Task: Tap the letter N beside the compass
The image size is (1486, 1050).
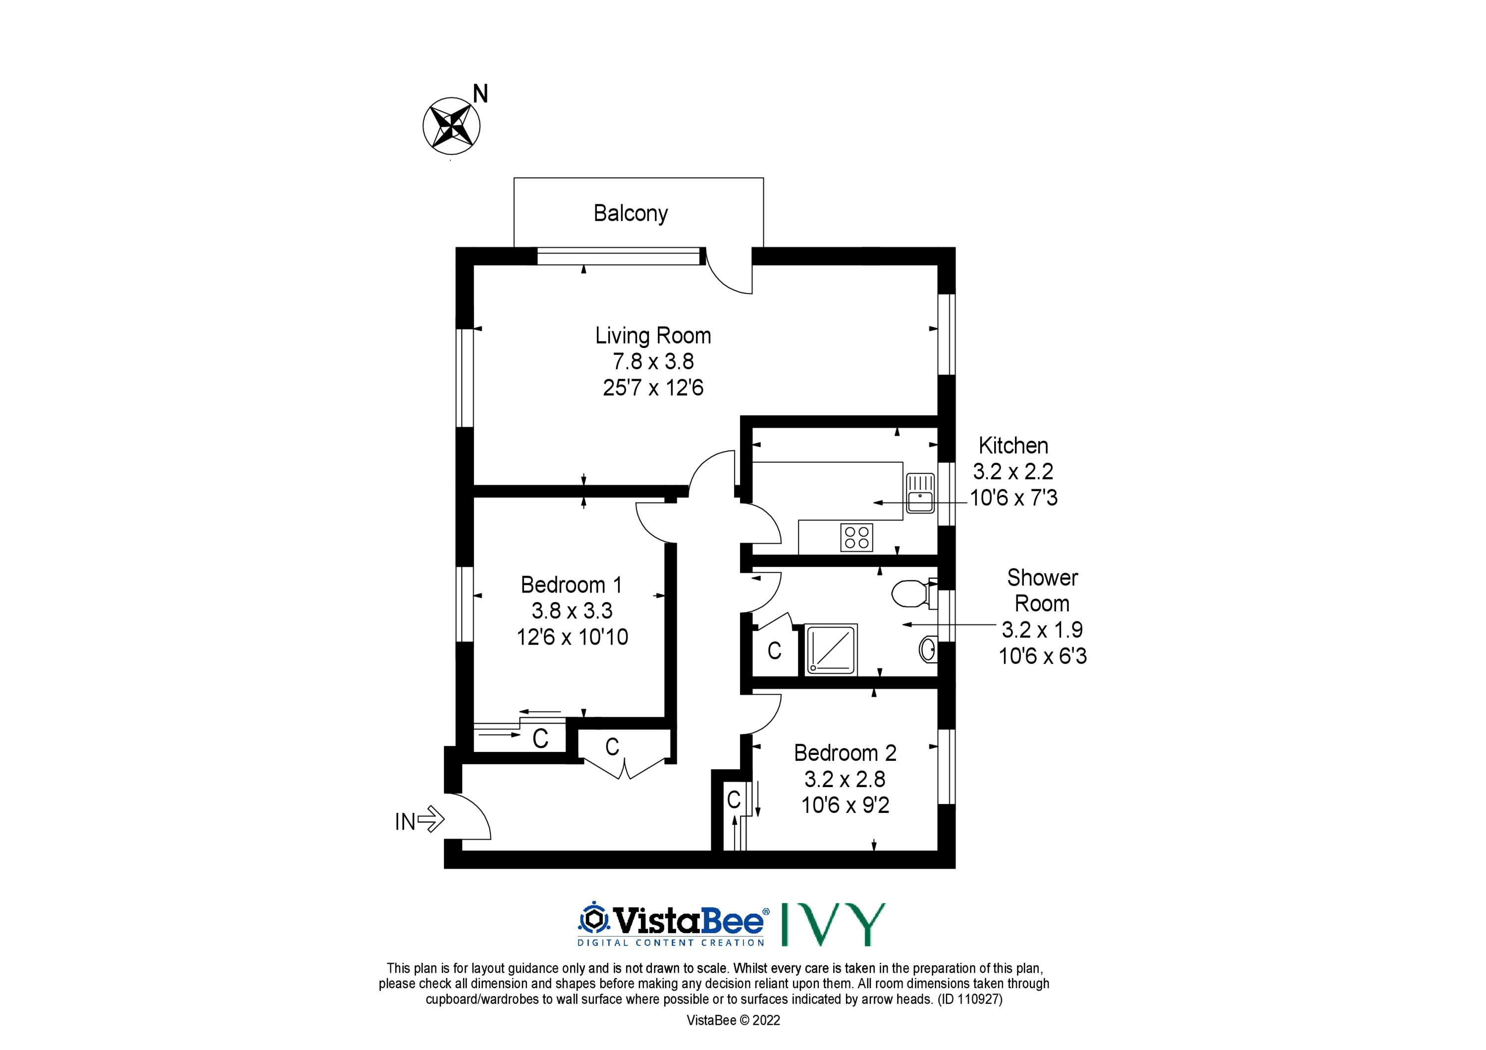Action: coord(480,95)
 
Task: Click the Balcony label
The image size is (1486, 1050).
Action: coord(631,213)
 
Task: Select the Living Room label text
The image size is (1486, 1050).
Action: coord(653,336)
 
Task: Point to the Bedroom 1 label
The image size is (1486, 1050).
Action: coord(572,585)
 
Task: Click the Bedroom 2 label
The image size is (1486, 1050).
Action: coord(845,753)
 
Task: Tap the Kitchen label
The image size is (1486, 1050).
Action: coord(1013,446)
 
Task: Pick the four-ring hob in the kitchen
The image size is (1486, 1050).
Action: coord(857,537)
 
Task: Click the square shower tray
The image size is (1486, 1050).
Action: coord(831,650)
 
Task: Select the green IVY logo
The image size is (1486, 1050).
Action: coord(834,924)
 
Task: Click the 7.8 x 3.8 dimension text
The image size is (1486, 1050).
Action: coord(653,362)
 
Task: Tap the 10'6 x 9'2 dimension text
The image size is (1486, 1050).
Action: coord(845,805)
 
